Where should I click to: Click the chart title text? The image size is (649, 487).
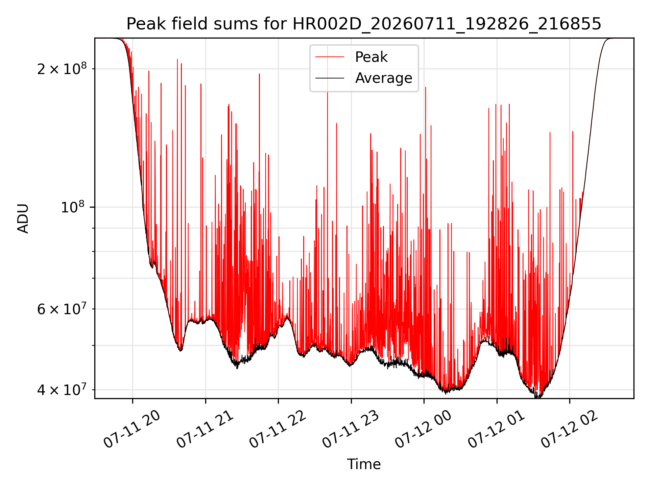click(x=364, y=24)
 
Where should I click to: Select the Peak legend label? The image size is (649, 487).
click(x=371, y=57)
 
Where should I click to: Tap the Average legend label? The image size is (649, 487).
click(x=384, y=78)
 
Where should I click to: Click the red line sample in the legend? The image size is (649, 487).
click(x=330, y=57)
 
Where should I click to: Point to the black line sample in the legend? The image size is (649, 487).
click(x=330, y=78)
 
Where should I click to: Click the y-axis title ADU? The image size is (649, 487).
click(x=23, y=218)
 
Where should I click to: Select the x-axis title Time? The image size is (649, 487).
click(x=364, y=464)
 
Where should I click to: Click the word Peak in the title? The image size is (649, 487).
click(x=146, y=24)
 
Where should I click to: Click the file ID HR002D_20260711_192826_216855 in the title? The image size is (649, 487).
click(x=447, y=24)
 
